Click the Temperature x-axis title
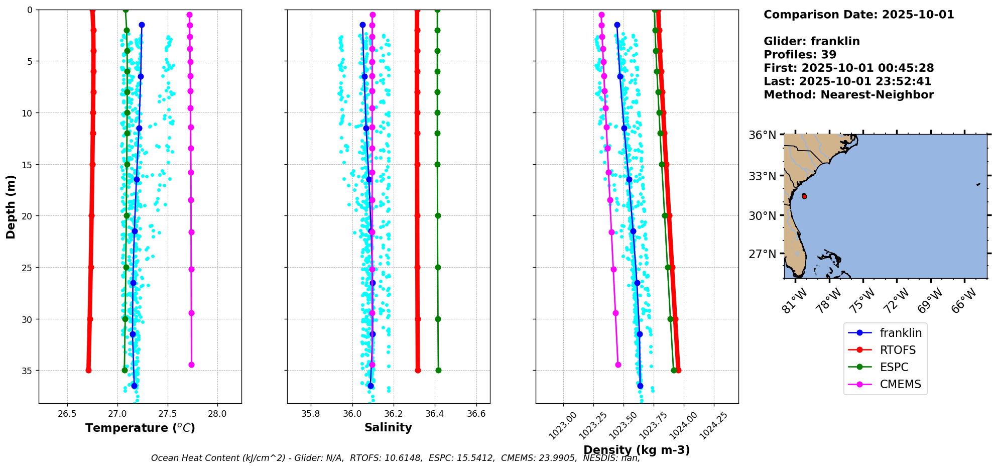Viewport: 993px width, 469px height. pyautogui.click(x=140, y=428)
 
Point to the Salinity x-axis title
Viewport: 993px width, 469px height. pyautogui.click(x=388, y=427)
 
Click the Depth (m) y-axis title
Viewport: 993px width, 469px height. pyautogui.click(x=11, y=206)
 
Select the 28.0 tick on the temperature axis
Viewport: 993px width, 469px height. pyautogui.click(x=217, y=414)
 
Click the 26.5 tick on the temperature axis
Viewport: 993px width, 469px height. pyautogui.click(x=67, y=414)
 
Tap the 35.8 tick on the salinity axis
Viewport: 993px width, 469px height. pyautogui.click(x=311, y=414)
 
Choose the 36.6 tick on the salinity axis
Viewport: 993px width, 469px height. pyautogui.click(x=476, y=414)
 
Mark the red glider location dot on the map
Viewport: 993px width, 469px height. pyautogui.click(x=804, y=196)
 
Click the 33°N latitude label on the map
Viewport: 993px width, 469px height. pyautogui.click(x=763, y=176)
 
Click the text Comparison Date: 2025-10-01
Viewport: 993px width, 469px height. pyautogui.click(x=858, y=15)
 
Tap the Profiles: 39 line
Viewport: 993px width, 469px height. pyautogui.click(x=800, y=55)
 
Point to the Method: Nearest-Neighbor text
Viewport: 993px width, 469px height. pyautogui.click(x=848, y=95)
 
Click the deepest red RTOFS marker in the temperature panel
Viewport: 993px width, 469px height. pyautogui.click(x=88, y=370)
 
